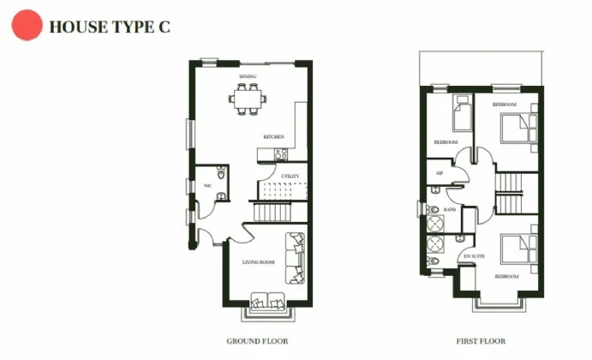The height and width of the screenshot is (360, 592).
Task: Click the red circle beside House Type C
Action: pos(26,26)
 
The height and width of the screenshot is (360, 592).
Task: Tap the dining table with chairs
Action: pos(248,98)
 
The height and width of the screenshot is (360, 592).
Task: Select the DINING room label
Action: pos(248,77)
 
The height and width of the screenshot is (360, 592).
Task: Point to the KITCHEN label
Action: pos(273,137)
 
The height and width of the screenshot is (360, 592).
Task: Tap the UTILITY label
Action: pos(290,177)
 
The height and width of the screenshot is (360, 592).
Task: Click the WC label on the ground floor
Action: pos(207,185)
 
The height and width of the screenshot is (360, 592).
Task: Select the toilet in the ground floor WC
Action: pos(221,175)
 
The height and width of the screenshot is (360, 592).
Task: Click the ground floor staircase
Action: pos(272,211)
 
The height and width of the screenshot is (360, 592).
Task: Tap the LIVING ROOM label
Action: pos(258,261)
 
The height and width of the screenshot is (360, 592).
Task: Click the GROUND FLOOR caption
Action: pos(257,340)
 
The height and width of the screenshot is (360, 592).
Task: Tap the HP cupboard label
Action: pos(440,173)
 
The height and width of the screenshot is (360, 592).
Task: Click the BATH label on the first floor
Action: pos(449,209)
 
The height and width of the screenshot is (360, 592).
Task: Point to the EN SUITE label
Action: pos(474,256)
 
